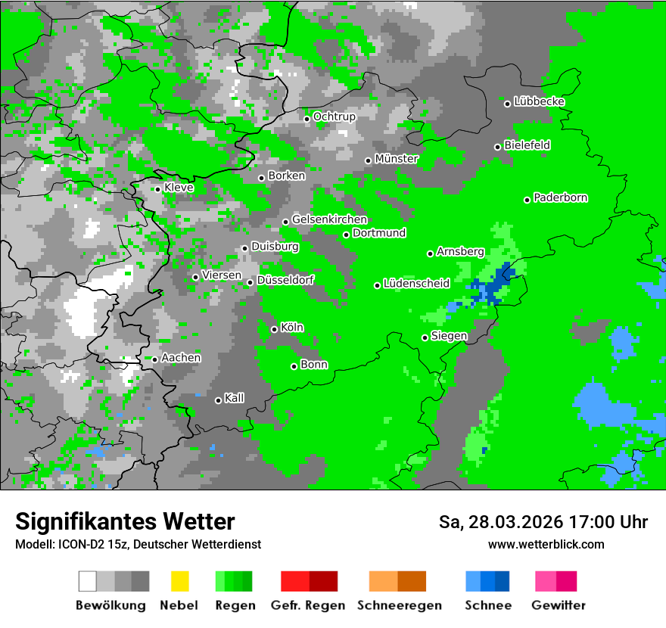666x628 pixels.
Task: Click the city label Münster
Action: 397,159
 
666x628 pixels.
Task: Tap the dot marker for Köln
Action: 274,329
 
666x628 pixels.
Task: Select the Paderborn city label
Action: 561,198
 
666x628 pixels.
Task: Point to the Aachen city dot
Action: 154,359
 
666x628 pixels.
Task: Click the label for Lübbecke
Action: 539,101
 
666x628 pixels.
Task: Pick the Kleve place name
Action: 179,188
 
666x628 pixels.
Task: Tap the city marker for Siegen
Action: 425,337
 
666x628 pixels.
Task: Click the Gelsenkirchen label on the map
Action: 329,220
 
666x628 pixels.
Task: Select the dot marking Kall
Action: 218,400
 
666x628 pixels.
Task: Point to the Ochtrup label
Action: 334,117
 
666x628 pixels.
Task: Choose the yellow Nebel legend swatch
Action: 179,581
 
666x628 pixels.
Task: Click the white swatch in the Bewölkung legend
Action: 88,581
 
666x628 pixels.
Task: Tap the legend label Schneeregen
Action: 399,605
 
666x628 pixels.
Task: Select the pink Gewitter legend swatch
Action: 546,581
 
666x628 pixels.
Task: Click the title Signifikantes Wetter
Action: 125,521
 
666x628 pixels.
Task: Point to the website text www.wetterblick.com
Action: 546,544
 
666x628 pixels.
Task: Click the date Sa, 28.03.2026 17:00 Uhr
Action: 543,522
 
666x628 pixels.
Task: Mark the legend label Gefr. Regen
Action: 307,605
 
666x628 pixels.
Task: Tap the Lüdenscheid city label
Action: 416,284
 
